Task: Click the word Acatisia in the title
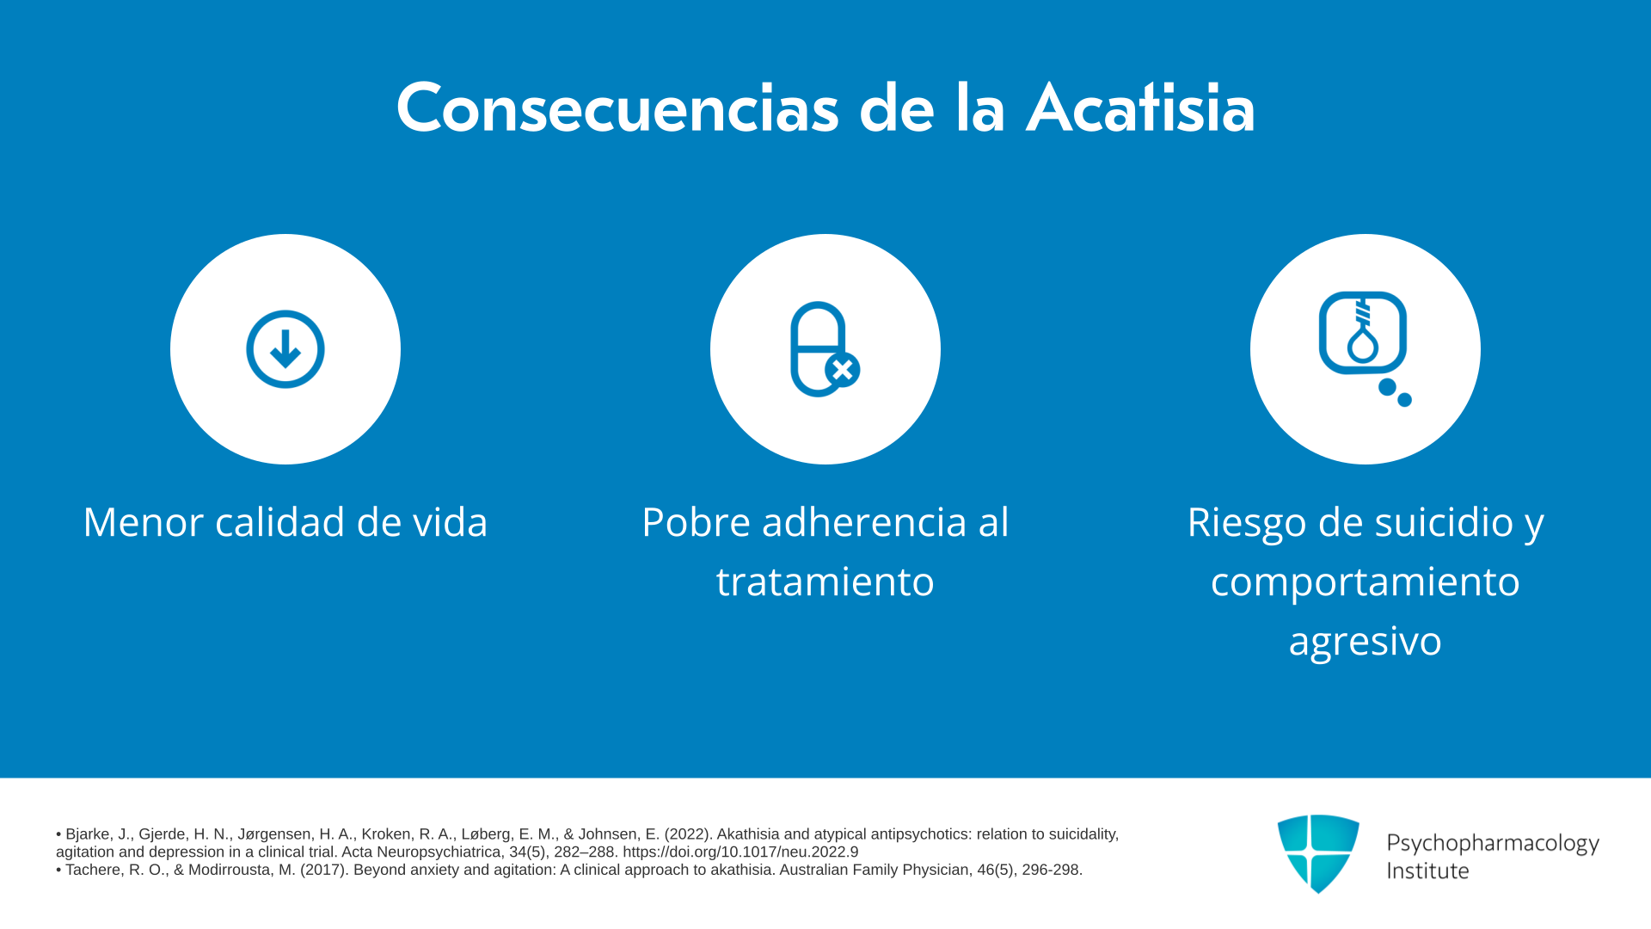coord(1140,108)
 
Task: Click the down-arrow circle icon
coord(285,349)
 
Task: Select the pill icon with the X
coord(825,349)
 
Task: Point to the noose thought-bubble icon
coord(1365,348)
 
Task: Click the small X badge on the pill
coord(843,370)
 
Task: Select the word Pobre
coord(696,522)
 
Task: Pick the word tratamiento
coord(825,581)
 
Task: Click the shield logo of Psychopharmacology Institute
coord(1318,853)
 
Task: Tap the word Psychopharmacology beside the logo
coord(1493,844)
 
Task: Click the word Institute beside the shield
coord(1428,871)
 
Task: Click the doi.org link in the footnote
coord(740,852)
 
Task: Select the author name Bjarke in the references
coord(89,834)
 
